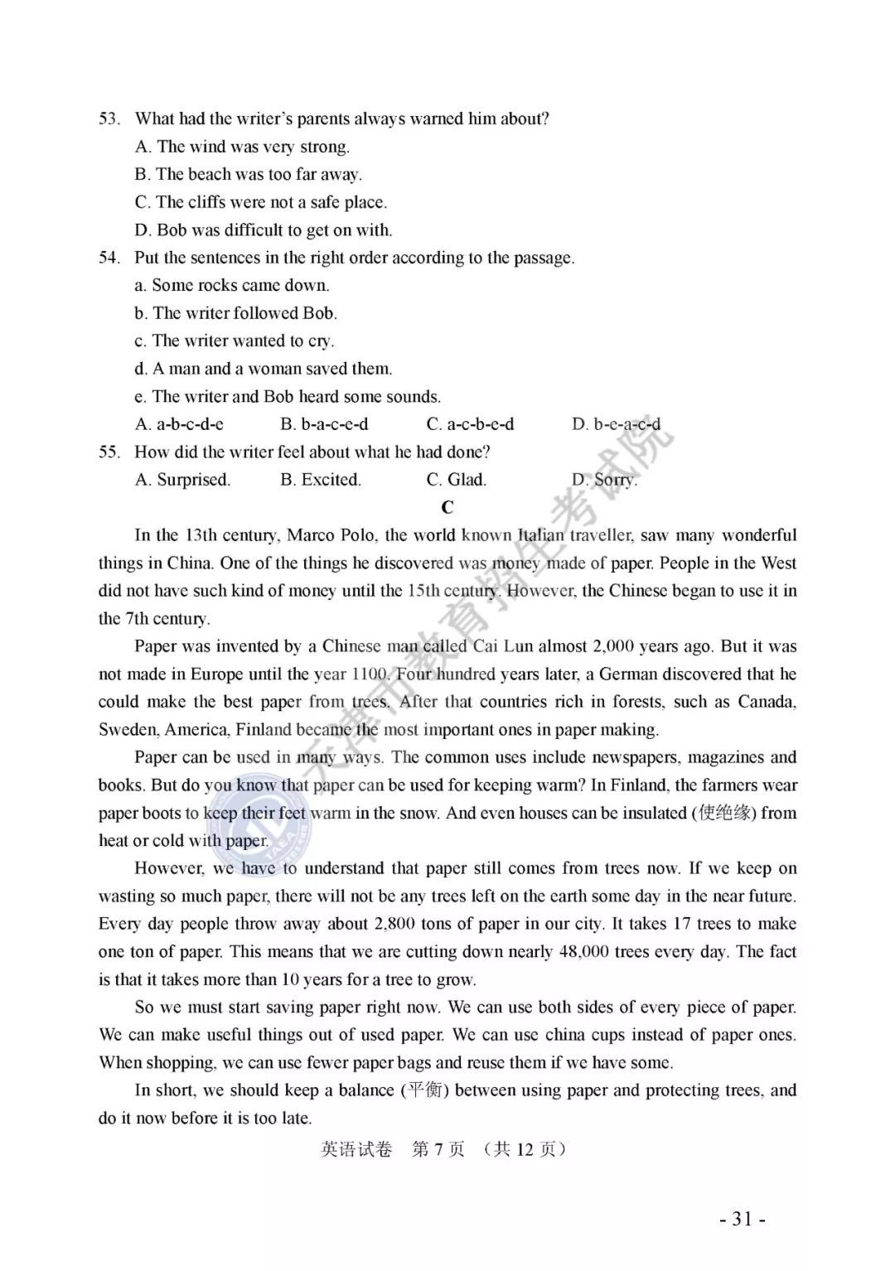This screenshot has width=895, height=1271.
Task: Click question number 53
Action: click(109, 118)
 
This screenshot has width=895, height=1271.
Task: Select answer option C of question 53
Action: click(261, 202)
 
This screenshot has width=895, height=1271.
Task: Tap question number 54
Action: click(109, 258)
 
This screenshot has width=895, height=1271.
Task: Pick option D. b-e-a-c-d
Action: click(616, 424)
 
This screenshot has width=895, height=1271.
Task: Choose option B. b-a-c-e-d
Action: click(324, 424)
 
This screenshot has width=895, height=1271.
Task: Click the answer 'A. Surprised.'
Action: click(182, 480)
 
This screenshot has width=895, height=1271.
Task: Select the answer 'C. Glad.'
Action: click(456, 480)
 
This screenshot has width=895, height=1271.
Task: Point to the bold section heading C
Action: click(447, 508)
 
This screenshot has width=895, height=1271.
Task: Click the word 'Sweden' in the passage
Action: click(128, 730)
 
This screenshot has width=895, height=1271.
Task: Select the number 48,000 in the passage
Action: click(583, 952)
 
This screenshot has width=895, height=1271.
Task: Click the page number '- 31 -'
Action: click(742, 1219)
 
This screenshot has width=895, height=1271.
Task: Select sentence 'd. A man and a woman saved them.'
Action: click(264, 369)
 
